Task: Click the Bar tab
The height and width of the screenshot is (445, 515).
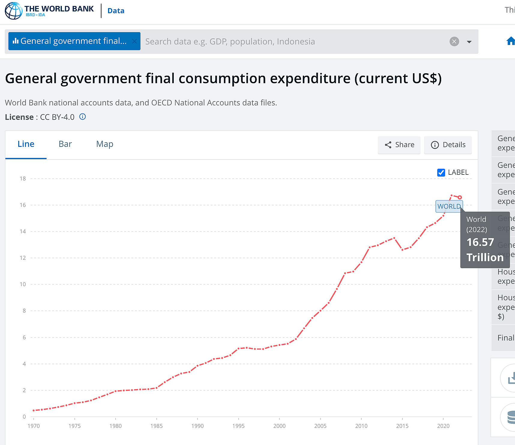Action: click(x=65, y=144)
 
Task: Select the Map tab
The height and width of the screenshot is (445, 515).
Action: click(x=104, y=144)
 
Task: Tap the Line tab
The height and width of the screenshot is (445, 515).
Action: click(x=26, y=144)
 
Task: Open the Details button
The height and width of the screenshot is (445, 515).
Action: click(x=448, y=145)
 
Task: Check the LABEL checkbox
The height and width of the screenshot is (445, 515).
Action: click(x=441, y=173)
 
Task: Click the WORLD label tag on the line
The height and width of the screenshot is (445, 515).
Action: click(x=449, y=207)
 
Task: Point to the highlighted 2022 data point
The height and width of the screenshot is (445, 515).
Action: click(x=459, y=197)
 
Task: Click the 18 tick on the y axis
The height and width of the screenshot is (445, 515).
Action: click(x=23, y=179)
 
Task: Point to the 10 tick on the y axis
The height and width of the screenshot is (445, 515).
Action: click(x=23, y=284)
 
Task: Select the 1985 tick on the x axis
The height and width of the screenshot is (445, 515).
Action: click(x=156, y=426)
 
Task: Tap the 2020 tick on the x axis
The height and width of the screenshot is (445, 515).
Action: click(x=443, y=426)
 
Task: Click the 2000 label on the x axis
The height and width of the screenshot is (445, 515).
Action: click(x=279, y=426)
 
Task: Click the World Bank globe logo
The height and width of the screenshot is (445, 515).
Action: click(x=14, y=11)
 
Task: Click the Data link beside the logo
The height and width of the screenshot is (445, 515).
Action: click(x=116, y=11)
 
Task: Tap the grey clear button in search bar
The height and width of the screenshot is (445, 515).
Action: click(x=454, y=41)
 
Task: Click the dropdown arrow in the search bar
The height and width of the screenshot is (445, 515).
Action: click(x=469, y=42)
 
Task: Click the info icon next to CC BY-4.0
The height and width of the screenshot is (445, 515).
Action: click(x=83, y=117)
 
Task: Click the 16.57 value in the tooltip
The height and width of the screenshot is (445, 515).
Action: click(x=480, y=242)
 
